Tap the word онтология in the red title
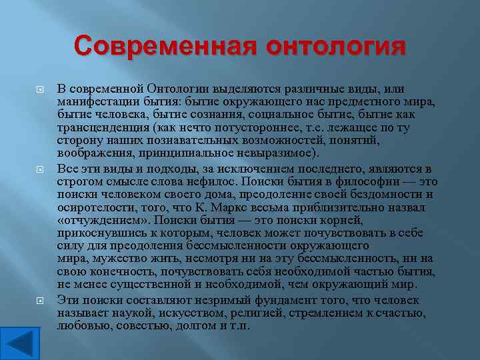pos(335,47)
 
